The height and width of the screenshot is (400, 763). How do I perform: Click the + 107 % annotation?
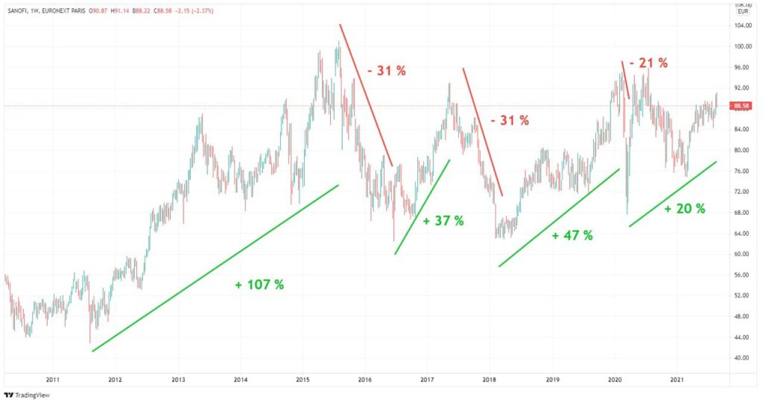[x=259, y=284]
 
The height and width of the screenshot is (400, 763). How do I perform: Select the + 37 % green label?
[x=443, y=221]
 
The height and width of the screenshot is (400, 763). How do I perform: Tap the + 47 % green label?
[x=572, y=235]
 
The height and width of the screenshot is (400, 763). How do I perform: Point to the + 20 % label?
[x=684, y=209]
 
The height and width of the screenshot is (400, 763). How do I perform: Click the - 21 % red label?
[x=648, y=63]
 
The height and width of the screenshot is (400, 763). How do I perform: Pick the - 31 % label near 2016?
[x=387, y=71]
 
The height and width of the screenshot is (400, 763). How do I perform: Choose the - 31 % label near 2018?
[x=510, y=119]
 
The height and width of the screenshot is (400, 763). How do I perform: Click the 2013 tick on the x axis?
[x=177, y=379]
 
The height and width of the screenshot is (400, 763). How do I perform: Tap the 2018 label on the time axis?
[x=490, y=379]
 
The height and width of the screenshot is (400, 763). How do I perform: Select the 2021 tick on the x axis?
[x=677, y=379]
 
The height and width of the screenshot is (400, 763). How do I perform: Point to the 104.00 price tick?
[x=741, y=26]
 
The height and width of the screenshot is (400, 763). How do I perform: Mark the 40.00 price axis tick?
[x=741, y=357]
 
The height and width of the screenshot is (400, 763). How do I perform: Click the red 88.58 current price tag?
[x=741, y=106]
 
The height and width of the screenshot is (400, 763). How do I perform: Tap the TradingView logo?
[x=24, y=393]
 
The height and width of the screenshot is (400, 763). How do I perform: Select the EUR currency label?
[x=742, y=12]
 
